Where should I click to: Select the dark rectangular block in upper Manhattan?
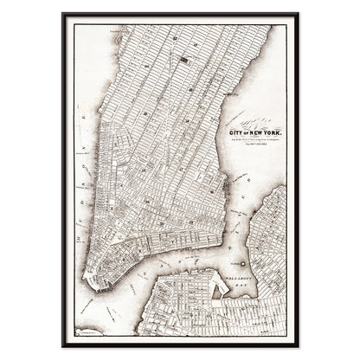[184, 61]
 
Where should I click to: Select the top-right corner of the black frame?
[299, 13]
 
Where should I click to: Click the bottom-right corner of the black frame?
[299, 346]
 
